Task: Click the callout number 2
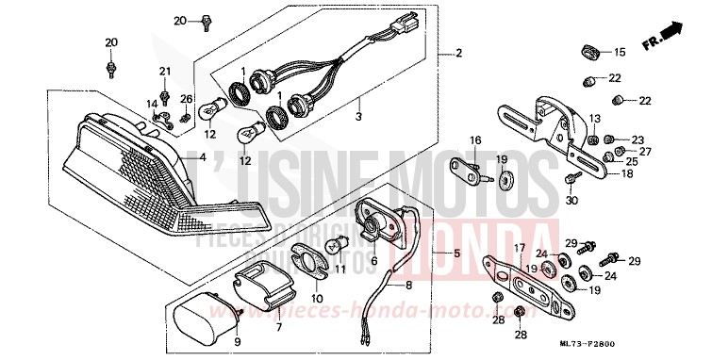click(459, 52)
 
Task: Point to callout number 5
click(457, 254)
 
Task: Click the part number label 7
click(278, 326)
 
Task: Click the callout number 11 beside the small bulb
click(340, 270)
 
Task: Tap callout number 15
click(620, 52)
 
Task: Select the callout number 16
click(476, 140)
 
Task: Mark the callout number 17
click(518, 248)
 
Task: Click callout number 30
click(571, 199)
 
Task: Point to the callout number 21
click(165, 73)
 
